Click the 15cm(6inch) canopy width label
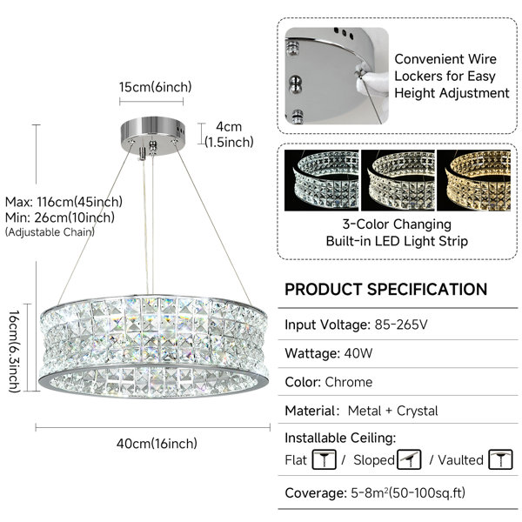pyautogui.click(x=156, y=87)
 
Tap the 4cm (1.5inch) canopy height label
pyautogui.click(x=229, y=135)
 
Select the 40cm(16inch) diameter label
pyautogui.click(x=157, y=444)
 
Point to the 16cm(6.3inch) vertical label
pyautogui.click(x=14, y=351)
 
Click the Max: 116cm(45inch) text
pyautogui.click(x=64, y=202)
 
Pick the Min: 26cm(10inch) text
pyautogui.click(x=60, y=217)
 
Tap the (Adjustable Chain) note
pyautogui.click(x=50, y=232)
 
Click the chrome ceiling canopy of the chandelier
pyautogui.click(x=153, y=136)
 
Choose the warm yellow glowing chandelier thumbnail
pyautogui.click(x=473, y=180)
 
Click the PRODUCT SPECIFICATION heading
pyautogui.click(x=385, y=290)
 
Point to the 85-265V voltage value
pyautogui.click(x=401, y=325)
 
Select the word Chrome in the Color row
pyautogui.click(x=349, y=382)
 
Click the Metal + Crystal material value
pyautogui.click(x=393, y=411)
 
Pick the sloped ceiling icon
pyautogui.click(x=409, y=459)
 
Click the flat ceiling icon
pyautogui.click(x=324, y=459)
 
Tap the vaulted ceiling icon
pyautogui.click(x=501, y=459)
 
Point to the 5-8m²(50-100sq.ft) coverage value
pyautogui.click(x=408, y=493)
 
